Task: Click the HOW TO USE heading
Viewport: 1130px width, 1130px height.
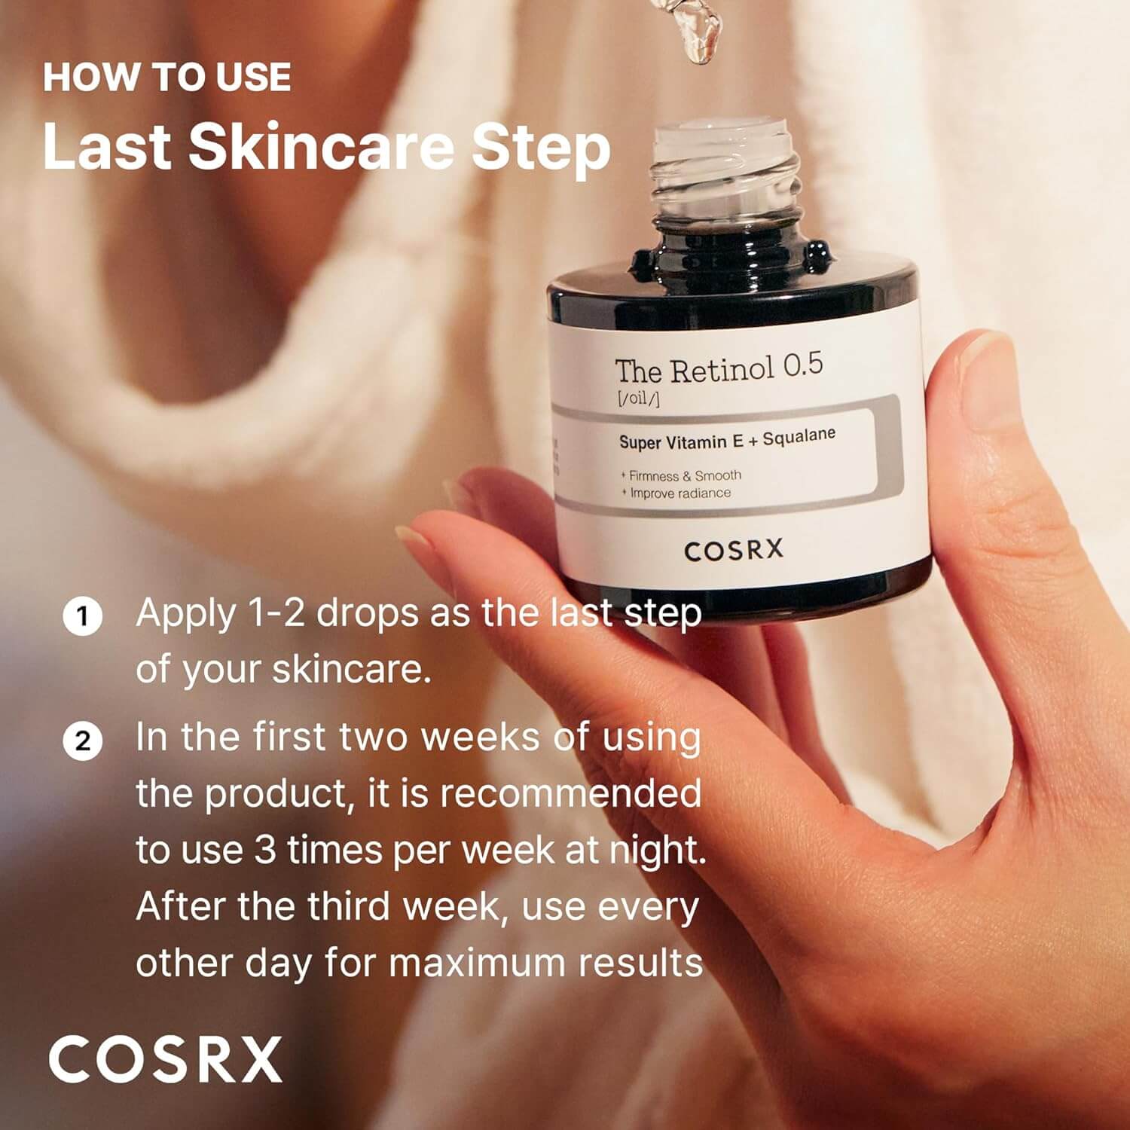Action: [x=166, y=78]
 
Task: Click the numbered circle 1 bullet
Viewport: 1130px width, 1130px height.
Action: [x=82, y=616]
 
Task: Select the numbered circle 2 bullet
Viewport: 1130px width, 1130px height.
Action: [x=82, y=741]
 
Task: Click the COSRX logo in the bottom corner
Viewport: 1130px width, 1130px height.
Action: [x=166, y=1059]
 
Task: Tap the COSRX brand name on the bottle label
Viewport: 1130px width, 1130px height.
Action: [x=734, y=551]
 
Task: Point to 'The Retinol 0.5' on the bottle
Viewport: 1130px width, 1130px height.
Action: [x=719, y=368]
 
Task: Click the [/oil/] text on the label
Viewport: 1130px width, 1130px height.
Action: [x=638, y=399]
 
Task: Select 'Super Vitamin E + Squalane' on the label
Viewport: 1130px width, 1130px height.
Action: [x=727, y=439]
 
